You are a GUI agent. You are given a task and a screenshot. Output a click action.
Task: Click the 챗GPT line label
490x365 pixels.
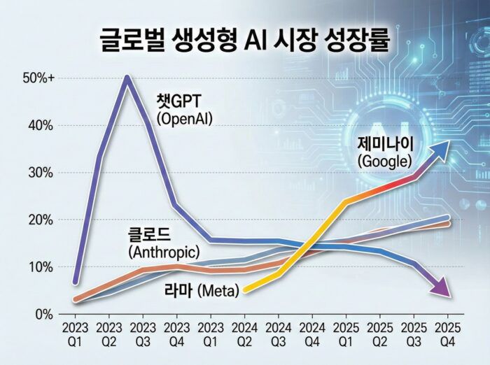point(185,103)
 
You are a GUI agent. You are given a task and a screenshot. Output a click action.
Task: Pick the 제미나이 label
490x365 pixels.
point(385,144)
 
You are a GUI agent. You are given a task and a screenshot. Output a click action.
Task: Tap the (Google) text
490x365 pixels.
point(384,161)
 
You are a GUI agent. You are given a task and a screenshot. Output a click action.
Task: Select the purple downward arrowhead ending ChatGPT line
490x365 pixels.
point(440,287)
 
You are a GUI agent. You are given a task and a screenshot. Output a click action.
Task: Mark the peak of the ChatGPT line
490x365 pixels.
point(127,78)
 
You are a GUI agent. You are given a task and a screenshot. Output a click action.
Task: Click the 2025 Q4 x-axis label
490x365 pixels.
point(448,333)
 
